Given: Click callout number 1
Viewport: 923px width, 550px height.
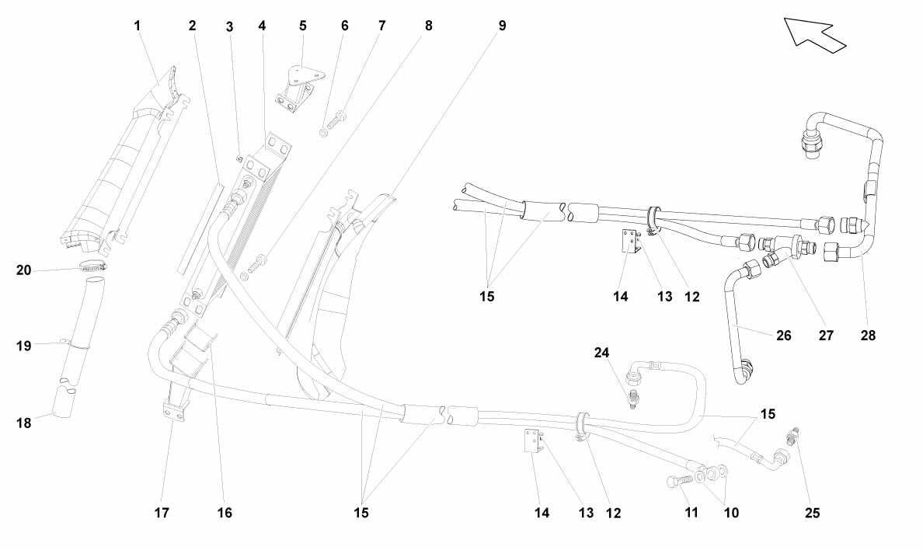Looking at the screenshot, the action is click(138, 26).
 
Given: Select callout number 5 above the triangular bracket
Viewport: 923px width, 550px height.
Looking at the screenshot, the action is click(302, 26).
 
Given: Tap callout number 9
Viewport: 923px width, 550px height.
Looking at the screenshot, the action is click(502, 26).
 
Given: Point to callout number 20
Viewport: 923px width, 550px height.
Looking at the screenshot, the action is click(23, 270).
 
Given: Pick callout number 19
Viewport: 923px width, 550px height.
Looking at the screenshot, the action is click(23, 346).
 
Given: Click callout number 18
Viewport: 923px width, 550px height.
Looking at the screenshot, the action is click(23, 423).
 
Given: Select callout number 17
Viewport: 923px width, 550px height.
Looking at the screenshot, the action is click(162, 513).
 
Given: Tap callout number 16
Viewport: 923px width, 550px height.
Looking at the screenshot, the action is click(225, 513).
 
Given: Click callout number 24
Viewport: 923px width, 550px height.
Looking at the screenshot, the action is click(601, 353).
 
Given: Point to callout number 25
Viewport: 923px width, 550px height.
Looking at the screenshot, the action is click(813, 513).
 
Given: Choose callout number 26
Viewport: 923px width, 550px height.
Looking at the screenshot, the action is click(783, 336).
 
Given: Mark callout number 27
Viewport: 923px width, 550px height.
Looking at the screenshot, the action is click(827, 336).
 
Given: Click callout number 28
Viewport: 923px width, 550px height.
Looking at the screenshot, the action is click(869, 336).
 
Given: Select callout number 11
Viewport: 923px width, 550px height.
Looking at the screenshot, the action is click(691, 513).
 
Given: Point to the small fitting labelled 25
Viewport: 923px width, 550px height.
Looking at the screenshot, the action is click(793, 437).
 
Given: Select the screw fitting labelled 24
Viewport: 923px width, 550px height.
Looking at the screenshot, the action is click(633, 398).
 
